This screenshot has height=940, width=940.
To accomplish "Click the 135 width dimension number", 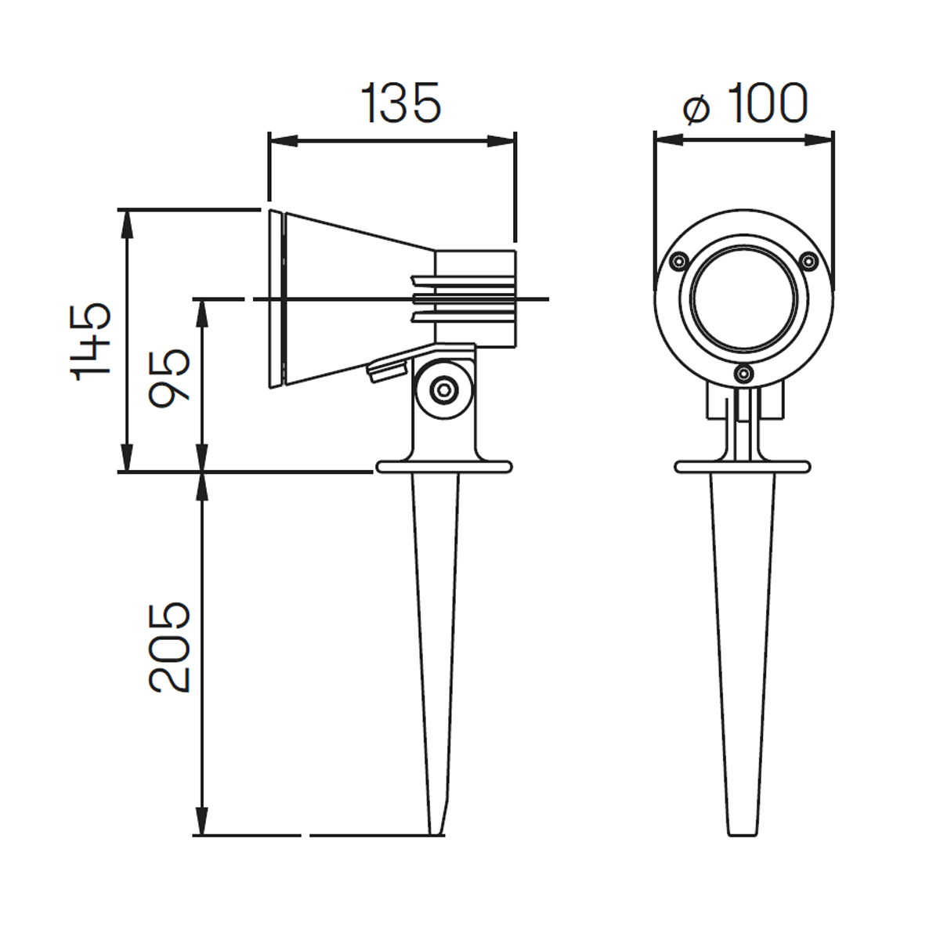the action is click(401, 103).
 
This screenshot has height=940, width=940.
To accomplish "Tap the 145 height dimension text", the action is click(91, 342).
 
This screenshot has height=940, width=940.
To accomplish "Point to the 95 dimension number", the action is click(168, 378).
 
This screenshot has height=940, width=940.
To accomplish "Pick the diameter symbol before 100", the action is click(696, 110).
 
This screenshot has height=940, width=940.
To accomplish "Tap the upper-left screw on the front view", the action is click(678, 261).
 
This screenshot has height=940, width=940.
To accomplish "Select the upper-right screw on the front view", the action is click(808, 261).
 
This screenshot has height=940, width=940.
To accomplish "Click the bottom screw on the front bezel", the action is click(743, 374).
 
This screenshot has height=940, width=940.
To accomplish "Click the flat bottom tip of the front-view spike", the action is click(743, 835).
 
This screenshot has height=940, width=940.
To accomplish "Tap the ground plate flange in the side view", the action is click(444, 467).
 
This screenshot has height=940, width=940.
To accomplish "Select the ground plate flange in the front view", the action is click(743, 467).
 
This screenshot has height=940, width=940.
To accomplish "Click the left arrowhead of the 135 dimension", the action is click(284, 141).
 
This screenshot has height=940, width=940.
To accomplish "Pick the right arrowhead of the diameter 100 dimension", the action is click(819, 140).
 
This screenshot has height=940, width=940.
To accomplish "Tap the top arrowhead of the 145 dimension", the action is click(127, 224).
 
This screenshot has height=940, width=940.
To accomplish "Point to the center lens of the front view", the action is click(743, 298).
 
